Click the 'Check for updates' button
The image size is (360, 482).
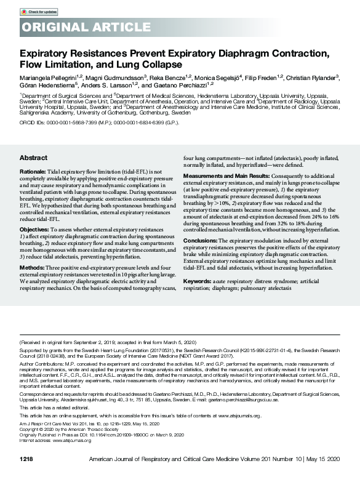point(39,12)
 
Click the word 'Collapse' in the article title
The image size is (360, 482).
point(163,64)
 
